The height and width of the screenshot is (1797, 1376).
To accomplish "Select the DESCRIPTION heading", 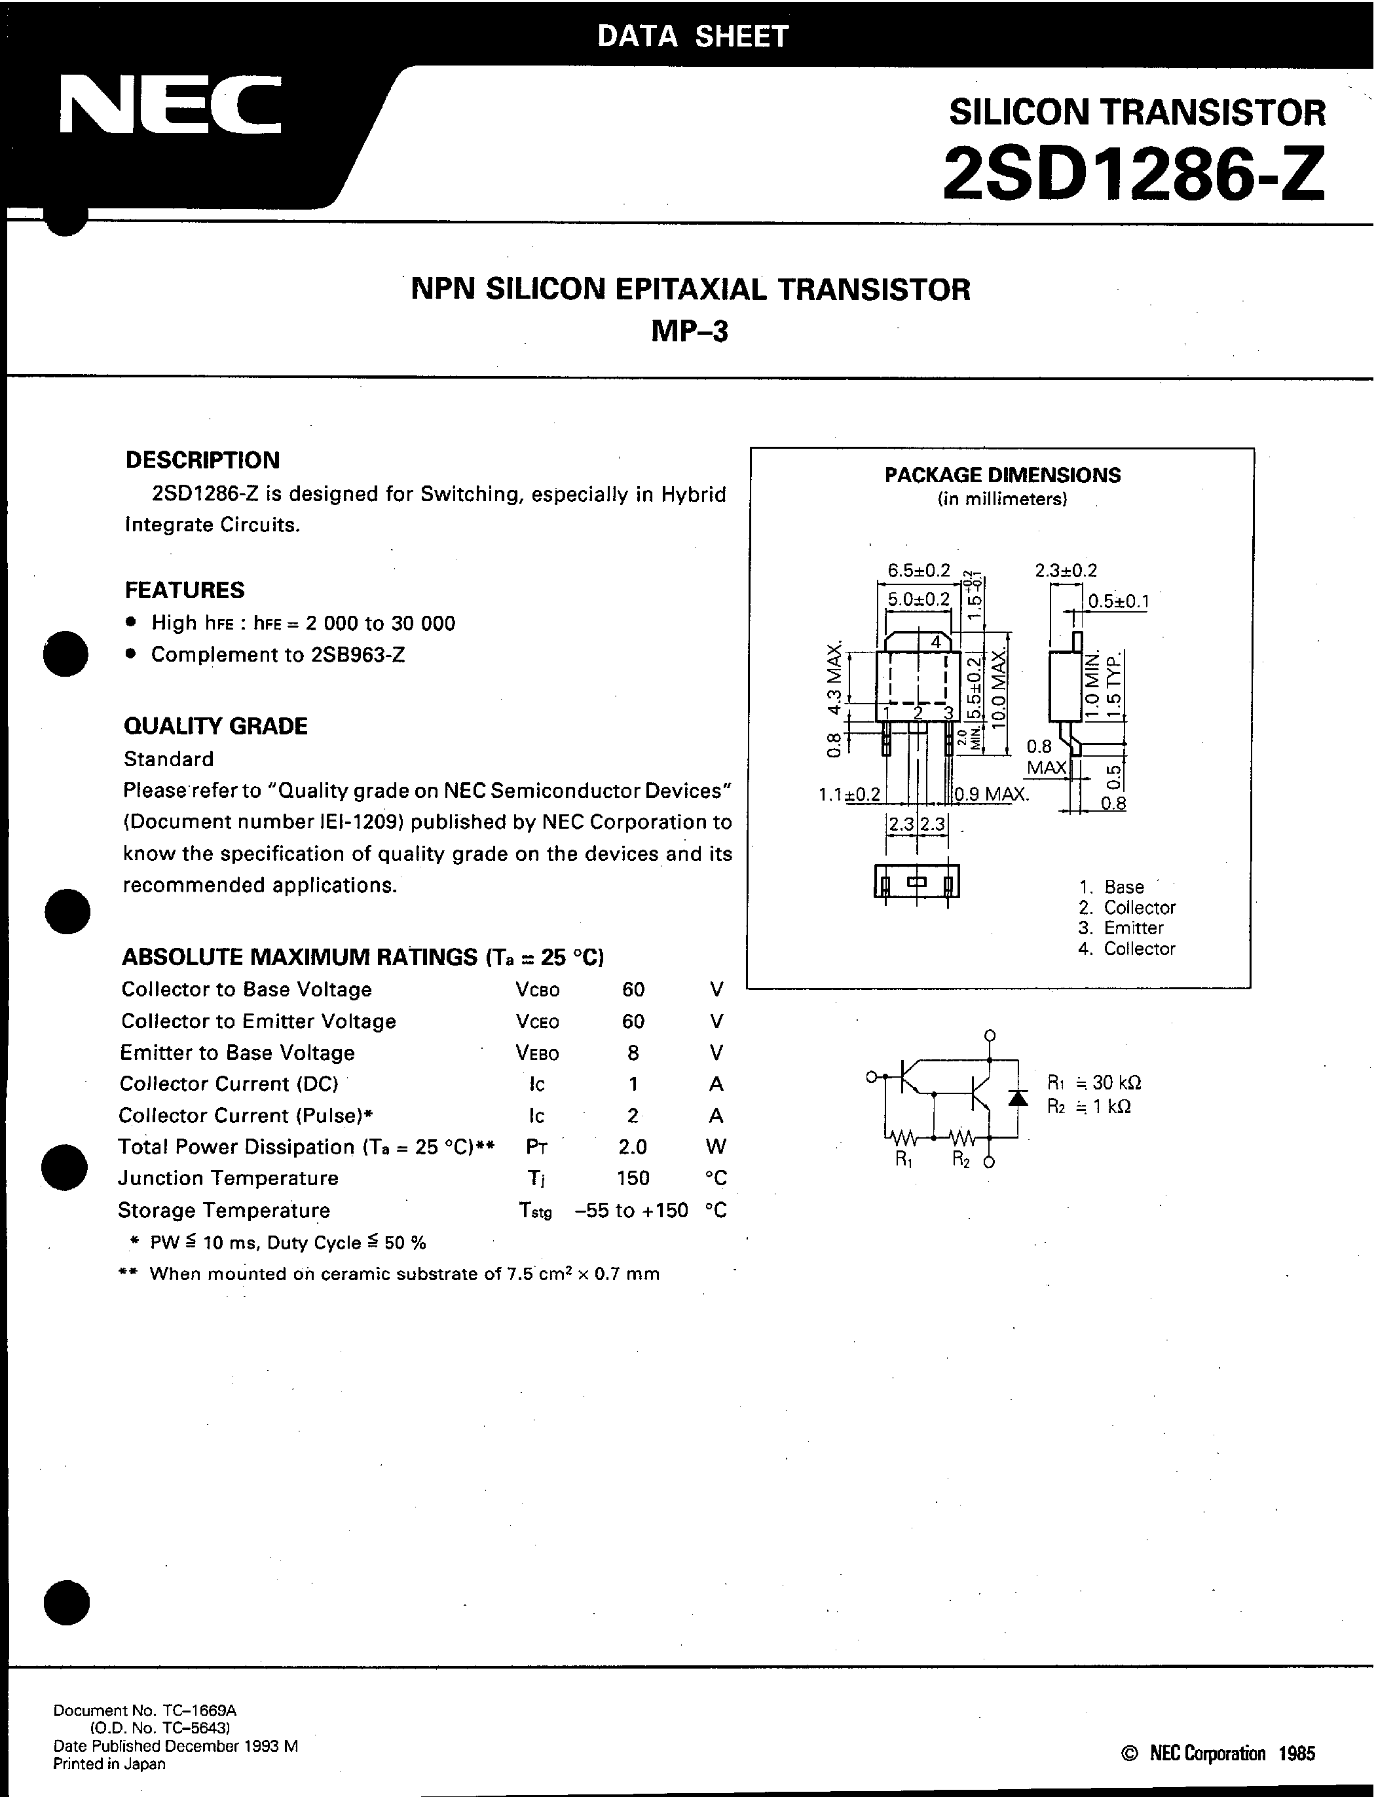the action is coord(202,461).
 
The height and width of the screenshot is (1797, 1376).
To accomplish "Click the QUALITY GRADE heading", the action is coord(215,726).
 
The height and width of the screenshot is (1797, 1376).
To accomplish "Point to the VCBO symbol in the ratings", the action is coord(537,991).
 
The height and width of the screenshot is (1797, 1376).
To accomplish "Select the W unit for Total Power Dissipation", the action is coord(716,1146).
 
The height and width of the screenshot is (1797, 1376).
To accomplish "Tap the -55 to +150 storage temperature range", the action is coord(631,1211).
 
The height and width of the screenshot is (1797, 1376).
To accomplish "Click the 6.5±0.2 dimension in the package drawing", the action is coord(919,570).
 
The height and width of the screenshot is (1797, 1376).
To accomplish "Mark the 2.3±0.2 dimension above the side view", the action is coord(1066,570).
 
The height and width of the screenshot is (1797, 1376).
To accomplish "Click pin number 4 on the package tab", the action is coord(935,642).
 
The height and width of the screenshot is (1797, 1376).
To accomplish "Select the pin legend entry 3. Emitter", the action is coord(1121,928).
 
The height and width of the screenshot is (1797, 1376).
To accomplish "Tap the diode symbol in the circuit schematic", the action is coord(1018,1099).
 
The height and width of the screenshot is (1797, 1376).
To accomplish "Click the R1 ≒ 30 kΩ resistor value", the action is coord(1094,1083).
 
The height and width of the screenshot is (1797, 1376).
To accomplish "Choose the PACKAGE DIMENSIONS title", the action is coord(1003,475).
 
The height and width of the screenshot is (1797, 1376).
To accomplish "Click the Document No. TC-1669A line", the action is coord(145,1710).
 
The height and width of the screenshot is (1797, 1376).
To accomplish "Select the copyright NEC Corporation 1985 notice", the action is coord(1217,1754).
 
